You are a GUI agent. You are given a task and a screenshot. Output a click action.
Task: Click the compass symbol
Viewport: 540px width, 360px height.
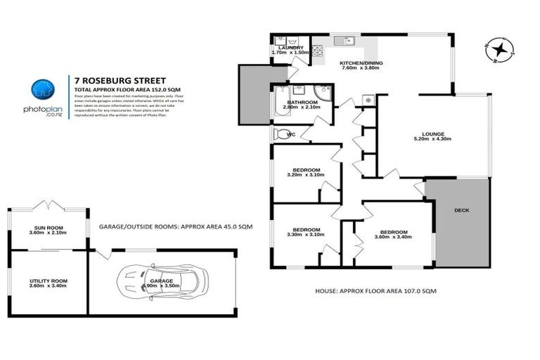500,49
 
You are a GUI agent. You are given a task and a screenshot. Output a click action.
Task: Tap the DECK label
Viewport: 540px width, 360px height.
461,210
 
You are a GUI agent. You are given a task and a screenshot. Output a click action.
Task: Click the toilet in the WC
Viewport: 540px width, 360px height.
282,134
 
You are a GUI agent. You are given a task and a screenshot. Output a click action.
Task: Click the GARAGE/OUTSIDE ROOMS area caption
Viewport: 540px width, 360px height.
175,226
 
